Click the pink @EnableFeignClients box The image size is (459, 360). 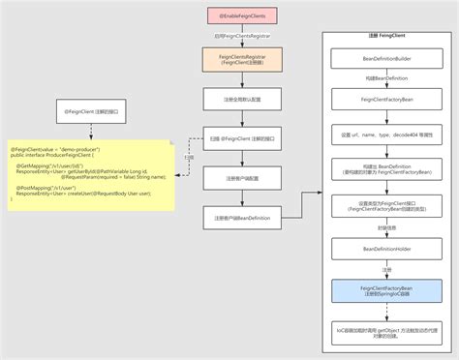pyautogui.click(x=241, y=16)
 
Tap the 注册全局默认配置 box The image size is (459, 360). pyautogui.click(x=241, y=98)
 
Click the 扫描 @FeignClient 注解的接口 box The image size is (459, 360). pyautogui.click(x=241, y=139)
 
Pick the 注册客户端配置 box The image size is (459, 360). pyautogui.click(x=241, y=178)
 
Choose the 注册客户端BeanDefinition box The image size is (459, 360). pyautogui.click(x=241, y=219)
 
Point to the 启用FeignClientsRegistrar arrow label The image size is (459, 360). pyautogui.click(x=241, y=36)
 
